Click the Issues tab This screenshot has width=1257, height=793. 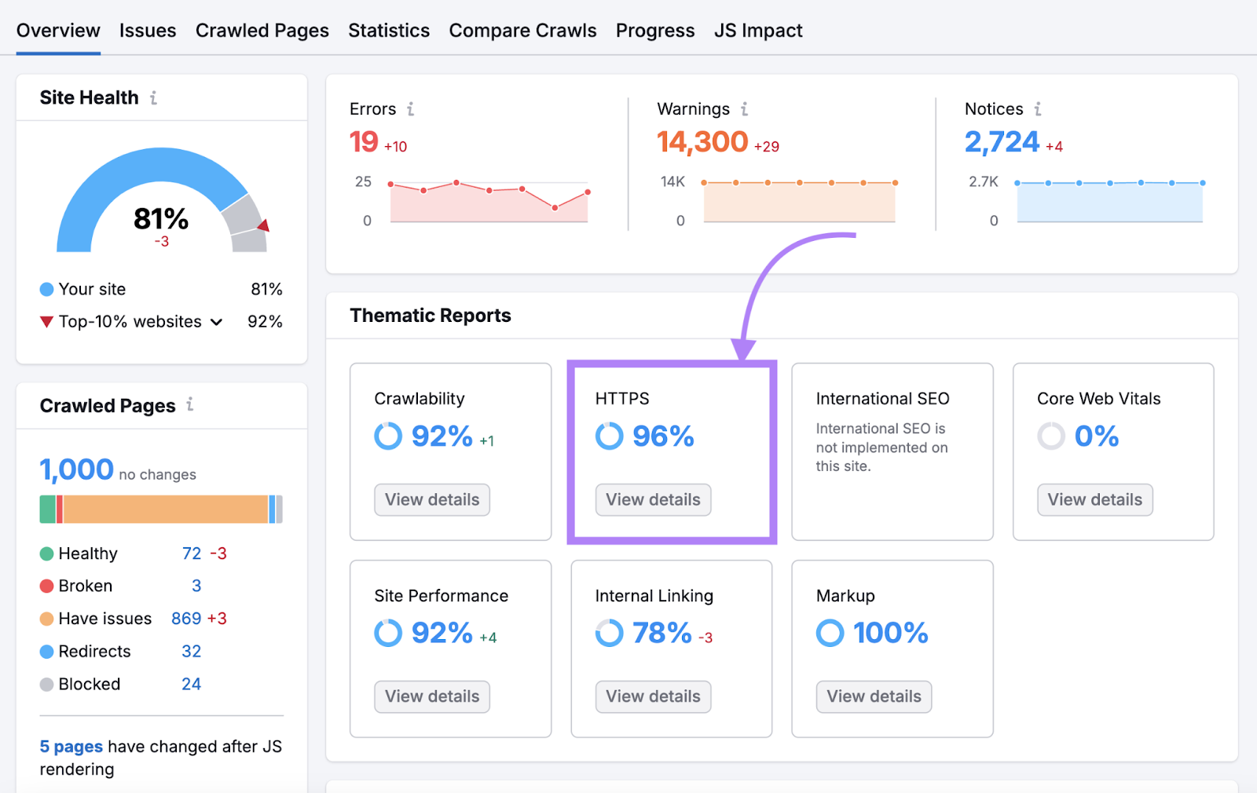(x=148, y=31)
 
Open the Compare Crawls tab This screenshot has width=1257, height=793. (x=522, y=31)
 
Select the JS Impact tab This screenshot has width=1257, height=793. (x=758, y=31)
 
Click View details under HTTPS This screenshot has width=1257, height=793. (x=653, y=500)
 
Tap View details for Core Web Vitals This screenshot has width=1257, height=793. (x=1094, y=500)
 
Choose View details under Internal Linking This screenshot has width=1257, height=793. (x=653, y=697)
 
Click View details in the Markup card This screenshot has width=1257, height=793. (x=874, y=697)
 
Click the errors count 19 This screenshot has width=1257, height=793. (x=364, y=142)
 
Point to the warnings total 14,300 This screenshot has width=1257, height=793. (x=702, y=142)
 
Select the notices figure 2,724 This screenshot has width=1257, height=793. (x=1002, y=142)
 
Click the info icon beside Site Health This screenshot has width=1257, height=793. (x=154, y=98)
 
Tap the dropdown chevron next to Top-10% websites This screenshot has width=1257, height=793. (x=217, y=322)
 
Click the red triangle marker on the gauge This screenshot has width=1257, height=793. (x=264, y=226)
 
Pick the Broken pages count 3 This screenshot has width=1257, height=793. (x=196, y=587)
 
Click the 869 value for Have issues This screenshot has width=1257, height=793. (x=186, y=619)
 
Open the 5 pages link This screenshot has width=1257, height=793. (x=71, y=747)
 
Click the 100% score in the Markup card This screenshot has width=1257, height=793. (x=890, y=633)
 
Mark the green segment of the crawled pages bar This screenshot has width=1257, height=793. (x=47, y=510)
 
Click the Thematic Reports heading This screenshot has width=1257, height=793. (x=431, y=316)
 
